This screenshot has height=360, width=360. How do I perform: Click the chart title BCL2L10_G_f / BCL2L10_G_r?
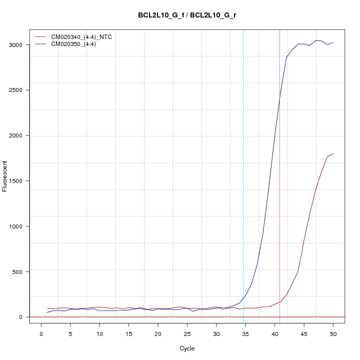[187, 15]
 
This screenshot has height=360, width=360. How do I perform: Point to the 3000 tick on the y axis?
[19, 45]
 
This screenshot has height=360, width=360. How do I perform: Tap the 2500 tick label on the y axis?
[19, 90]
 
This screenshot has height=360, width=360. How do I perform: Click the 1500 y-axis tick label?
[19, 181]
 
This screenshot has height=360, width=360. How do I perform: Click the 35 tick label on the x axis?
[245, 333]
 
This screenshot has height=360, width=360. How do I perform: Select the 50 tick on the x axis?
[333, 333]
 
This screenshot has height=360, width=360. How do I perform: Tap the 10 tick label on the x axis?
[99, 333]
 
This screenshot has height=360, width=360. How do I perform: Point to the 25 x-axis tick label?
[187, 333]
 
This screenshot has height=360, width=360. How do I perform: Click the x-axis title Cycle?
[187, 348]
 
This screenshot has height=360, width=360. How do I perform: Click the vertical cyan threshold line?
[243, 150]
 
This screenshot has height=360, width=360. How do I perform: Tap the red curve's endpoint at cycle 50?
[333, 153]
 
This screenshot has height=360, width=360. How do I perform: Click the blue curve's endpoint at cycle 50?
[333, 42]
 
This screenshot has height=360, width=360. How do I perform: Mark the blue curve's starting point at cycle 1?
[47, 312]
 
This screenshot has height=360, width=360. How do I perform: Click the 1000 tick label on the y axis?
[19, 226]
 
